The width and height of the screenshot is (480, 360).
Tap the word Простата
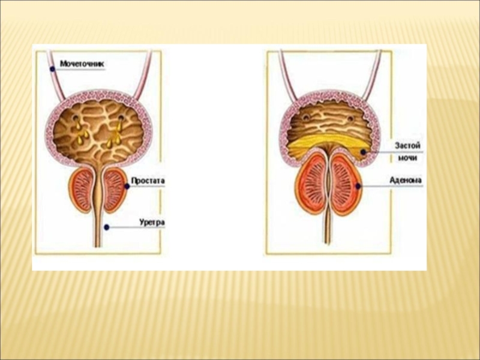tap(147, 180)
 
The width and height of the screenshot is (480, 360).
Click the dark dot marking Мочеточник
tap(52, 68)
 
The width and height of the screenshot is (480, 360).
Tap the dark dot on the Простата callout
tap(127, 187)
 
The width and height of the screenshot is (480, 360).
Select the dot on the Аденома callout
tap(358, 186)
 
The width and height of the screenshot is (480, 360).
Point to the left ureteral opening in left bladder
tap(76, 118)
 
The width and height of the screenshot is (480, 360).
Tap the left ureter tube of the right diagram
tap(286, 72)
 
